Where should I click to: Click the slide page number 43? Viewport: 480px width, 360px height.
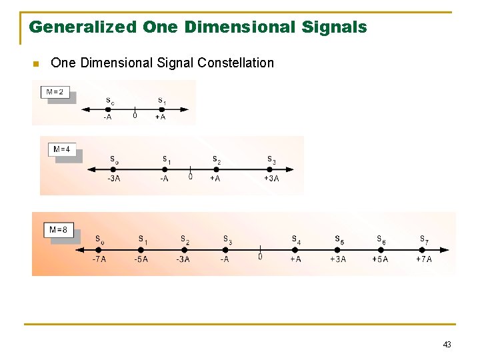tap(447, 345)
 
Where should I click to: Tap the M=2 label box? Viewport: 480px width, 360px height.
tap(56, 91)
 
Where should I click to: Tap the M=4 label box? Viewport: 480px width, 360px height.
tap(62, 149)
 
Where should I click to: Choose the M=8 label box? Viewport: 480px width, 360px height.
tap(58, 230)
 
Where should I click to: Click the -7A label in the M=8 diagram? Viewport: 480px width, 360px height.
tap(99, 259)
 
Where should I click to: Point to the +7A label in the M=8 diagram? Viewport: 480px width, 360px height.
tap(424, 259)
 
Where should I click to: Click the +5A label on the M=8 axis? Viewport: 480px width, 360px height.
tap(380, 259)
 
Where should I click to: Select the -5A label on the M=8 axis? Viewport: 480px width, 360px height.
tap(141, 259)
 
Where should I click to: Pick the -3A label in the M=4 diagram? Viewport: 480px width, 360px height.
tap(114, 178)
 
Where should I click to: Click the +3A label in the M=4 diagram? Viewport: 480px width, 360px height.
tap(271, 178)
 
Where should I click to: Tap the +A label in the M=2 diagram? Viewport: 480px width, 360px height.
tap(160, 117)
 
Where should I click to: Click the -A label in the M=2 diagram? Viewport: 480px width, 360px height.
tap(107, 117)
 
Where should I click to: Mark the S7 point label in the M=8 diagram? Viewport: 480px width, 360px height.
tap(424, 239)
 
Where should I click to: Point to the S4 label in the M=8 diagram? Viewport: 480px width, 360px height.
tap(296, 239)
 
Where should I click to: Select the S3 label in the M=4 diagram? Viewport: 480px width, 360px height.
tap(271, 159)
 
